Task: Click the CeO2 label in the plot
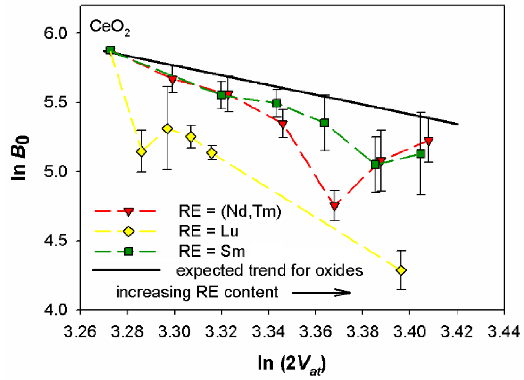pos(110,27)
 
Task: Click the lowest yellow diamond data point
pos(401,270)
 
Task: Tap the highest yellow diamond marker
pos(167,129)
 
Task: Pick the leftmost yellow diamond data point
pos(141,151)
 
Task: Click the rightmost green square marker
pos(421,153)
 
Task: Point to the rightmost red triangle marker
pos(428,141)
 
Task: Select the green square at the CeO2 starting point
pos(110,50)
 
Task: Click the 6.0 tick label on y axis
pos(56,33)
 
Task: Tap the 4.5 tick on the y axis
pos(56,241)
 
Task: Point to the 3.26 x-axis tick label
pos(80,332)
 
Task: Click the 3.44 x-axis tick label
pos(504,332)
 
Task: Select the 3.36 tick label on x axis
pos(315,332)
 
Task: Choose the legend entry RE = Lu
pos(208,231)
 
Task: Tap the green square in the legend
pos(128,251)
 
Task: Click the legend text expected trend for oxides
pos(270,270)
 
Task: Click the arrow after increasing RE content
pos(322,293)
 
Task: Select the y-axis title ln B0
pos(20,158)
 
